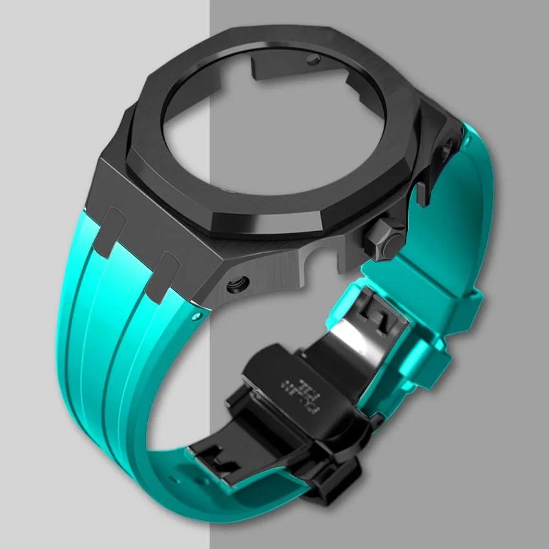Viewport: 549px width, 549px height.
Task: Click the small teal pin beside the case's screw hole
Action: click(x=195, y=316)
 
